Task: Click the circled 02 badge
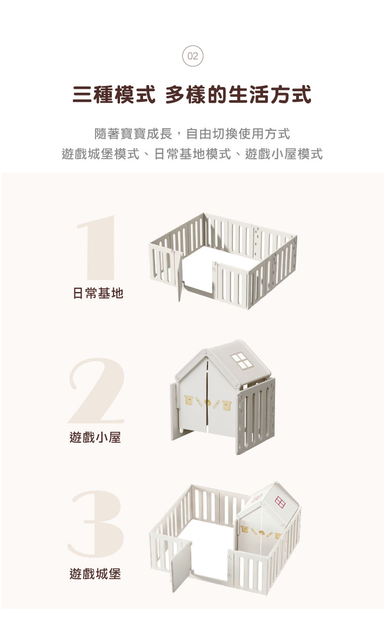(192, 56)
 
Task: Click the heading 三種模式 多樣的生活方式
(192, 95)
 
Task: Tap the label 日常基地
(98, 293)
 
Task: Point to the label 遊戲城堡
(95, 573)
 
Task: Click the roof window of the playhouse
(242, 361)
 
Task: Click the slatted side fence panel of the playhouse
(257, 413)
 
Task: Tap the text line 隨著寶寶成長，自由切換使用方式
(192, 133)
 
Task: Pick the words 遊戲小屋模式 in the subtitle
(284, 155)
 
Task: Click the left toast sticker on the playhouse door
(190, 400)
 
